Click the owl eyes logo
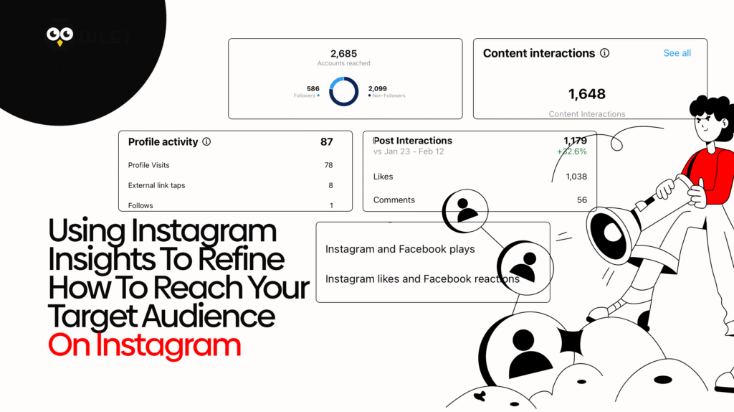[x=59, y=36]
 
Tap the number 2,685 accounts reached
[x=343, y=53]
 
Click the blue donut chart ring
[x=343, y=92]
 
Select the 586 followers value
[x=313, y=89]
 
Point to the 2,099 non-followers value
[x=378, y=89]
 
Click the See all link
[x=677, y=53]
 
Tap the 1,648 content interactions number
[x=586, y=94]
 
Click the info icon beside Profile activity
[x=206, y=142]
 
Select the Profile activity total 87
[x=326, y=142]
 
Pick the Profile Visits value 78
[x=328, y=165]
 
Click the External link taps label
[x=156, y=185]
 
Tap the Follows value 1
[x=331, y=205]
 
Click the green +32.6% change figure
[x=571, y=152]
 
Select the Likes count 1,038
[x=576, y=177]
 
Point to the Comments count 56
[x=581, y=200]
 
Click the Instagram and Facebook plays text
[x=400, y=250]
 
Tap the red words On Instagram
[x=144, y=345]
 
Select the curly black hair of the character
[x=710, y=111]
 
